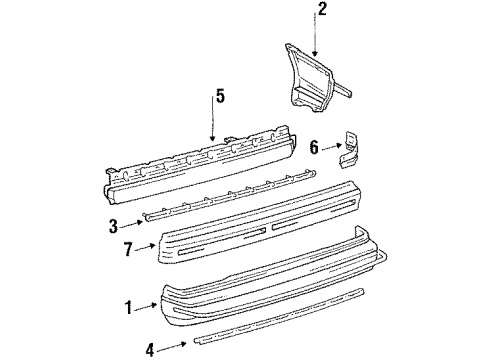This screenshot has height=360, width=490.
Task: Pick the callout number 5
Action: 220,96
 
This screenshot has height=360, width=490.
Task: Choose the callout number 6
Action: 315,148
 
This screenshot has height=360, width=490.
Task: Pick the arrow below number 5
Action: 214,125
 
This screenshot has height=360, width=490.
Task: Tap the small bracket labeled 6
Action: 351,148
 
